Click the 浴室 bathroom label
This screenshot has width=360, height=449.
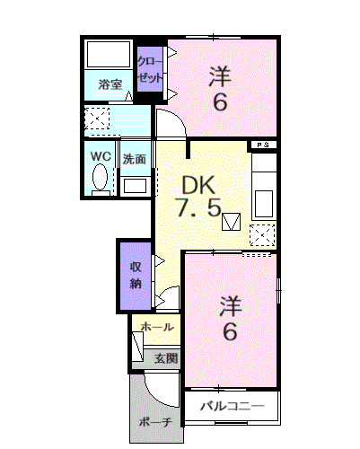(110, 84)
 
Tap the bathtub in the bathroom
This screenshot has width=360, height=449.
(109, 54)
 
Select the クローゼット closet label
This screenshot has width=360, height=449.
(150, 69)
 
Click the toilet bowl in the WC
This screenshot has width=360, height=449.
(100, 177)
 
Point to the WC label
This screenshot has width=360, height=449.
(101, 156)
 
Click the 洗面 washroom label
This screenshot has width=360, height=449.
(135, 159)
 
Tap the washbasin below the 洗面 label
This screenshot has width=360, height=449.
(135, 186)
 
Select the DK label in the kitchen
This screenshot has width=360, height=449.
(198, 185)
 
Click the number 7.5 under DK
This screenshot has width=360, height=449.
(198, 207)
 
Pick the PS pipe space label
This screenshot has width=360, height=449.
(263, 145)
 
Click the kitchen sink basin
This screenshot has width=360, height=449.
(263, 204)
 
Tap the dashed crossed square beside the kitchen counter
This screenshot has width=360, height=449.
(262, 235)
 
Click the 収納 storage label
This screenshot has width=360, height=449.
(136, 276)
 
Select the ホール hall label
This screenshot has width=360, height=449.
(157, 327)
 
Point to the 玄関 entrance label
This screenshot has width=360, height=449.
(166, 358)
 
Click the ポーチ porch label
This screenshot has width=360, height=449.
(155, 422)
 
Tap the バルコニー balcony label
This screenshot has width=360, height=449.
(233, 406)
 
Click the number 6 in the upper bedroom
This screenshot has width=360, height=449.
(220, 101)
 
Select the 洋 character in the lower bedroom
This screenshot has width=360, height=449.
(231, 306)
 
